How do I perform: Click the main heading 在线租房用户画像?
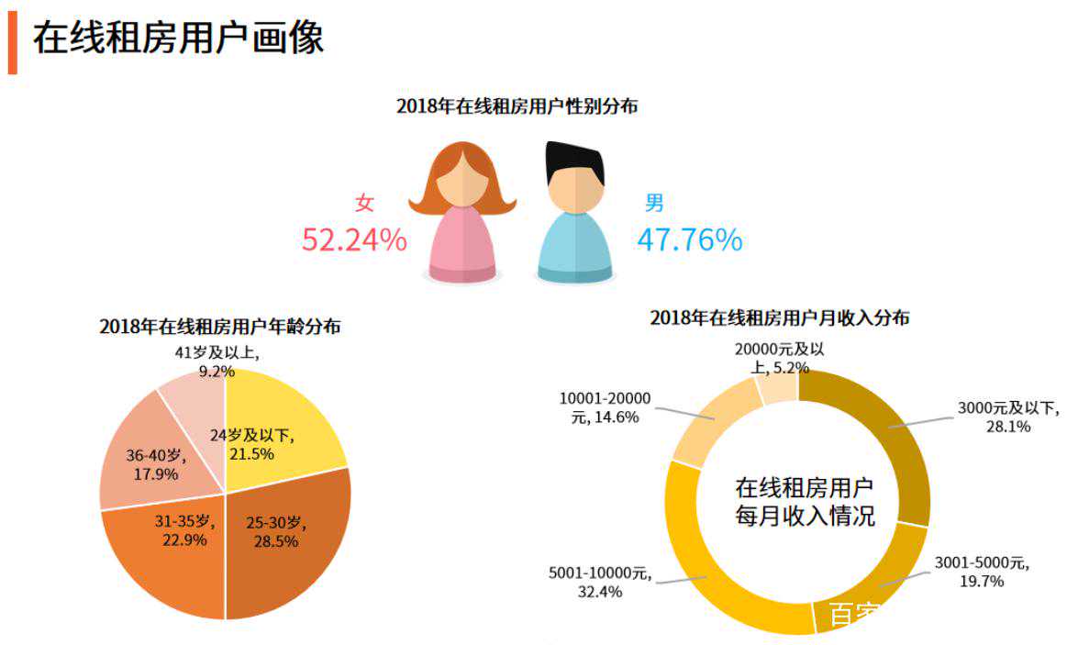tap(179, 39)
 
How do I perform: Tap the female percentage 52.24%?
tap(354, 239)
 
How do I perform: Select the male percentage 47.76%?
tap(690, 239)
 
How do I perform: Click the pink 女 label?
tap(365, 203)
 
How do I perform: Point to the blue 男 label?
tap(654, 203)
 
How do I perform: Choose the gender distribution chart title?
tap(517, 106)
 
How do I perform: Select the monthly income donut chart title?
tap(780, 318)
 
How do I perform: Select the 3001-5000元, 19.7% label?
tap(982, 572)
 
